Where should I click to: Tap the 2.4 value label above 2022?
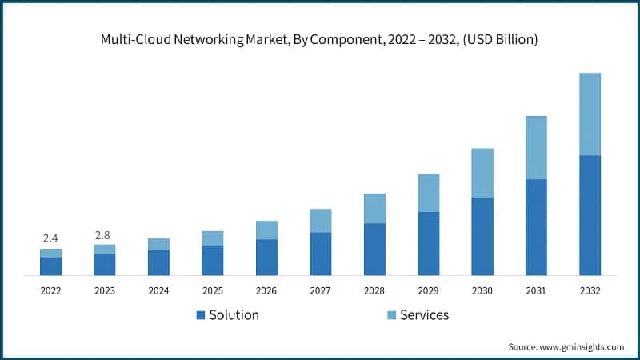[50, 238]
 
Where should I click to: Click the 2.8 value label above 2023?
[104, 234]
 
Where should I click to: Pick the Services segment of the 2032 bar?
[590, 114]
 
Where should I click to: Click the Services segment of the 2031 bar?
[536, 147]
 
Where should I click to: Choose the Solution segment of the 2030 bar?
[482, 236]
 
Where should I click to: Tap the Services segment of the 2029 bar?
[428, 193]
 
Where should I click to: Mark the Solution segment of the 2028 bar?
[374, 249]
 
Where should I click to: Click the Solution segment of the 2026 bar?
[266, 257]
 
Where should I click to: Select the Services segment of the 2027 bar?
[320, 221]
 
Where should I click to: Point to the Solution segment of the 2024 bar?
[158, 262]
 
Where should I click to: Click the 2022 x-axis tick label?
[50, 290]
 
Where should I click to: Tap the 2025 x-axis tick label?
[212, 290]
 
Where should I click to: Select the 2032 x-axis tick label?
[590, 290]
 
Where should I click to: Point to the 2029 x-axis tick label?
[428, 290]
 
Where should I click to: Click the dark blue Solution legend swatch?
[200, 315]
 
